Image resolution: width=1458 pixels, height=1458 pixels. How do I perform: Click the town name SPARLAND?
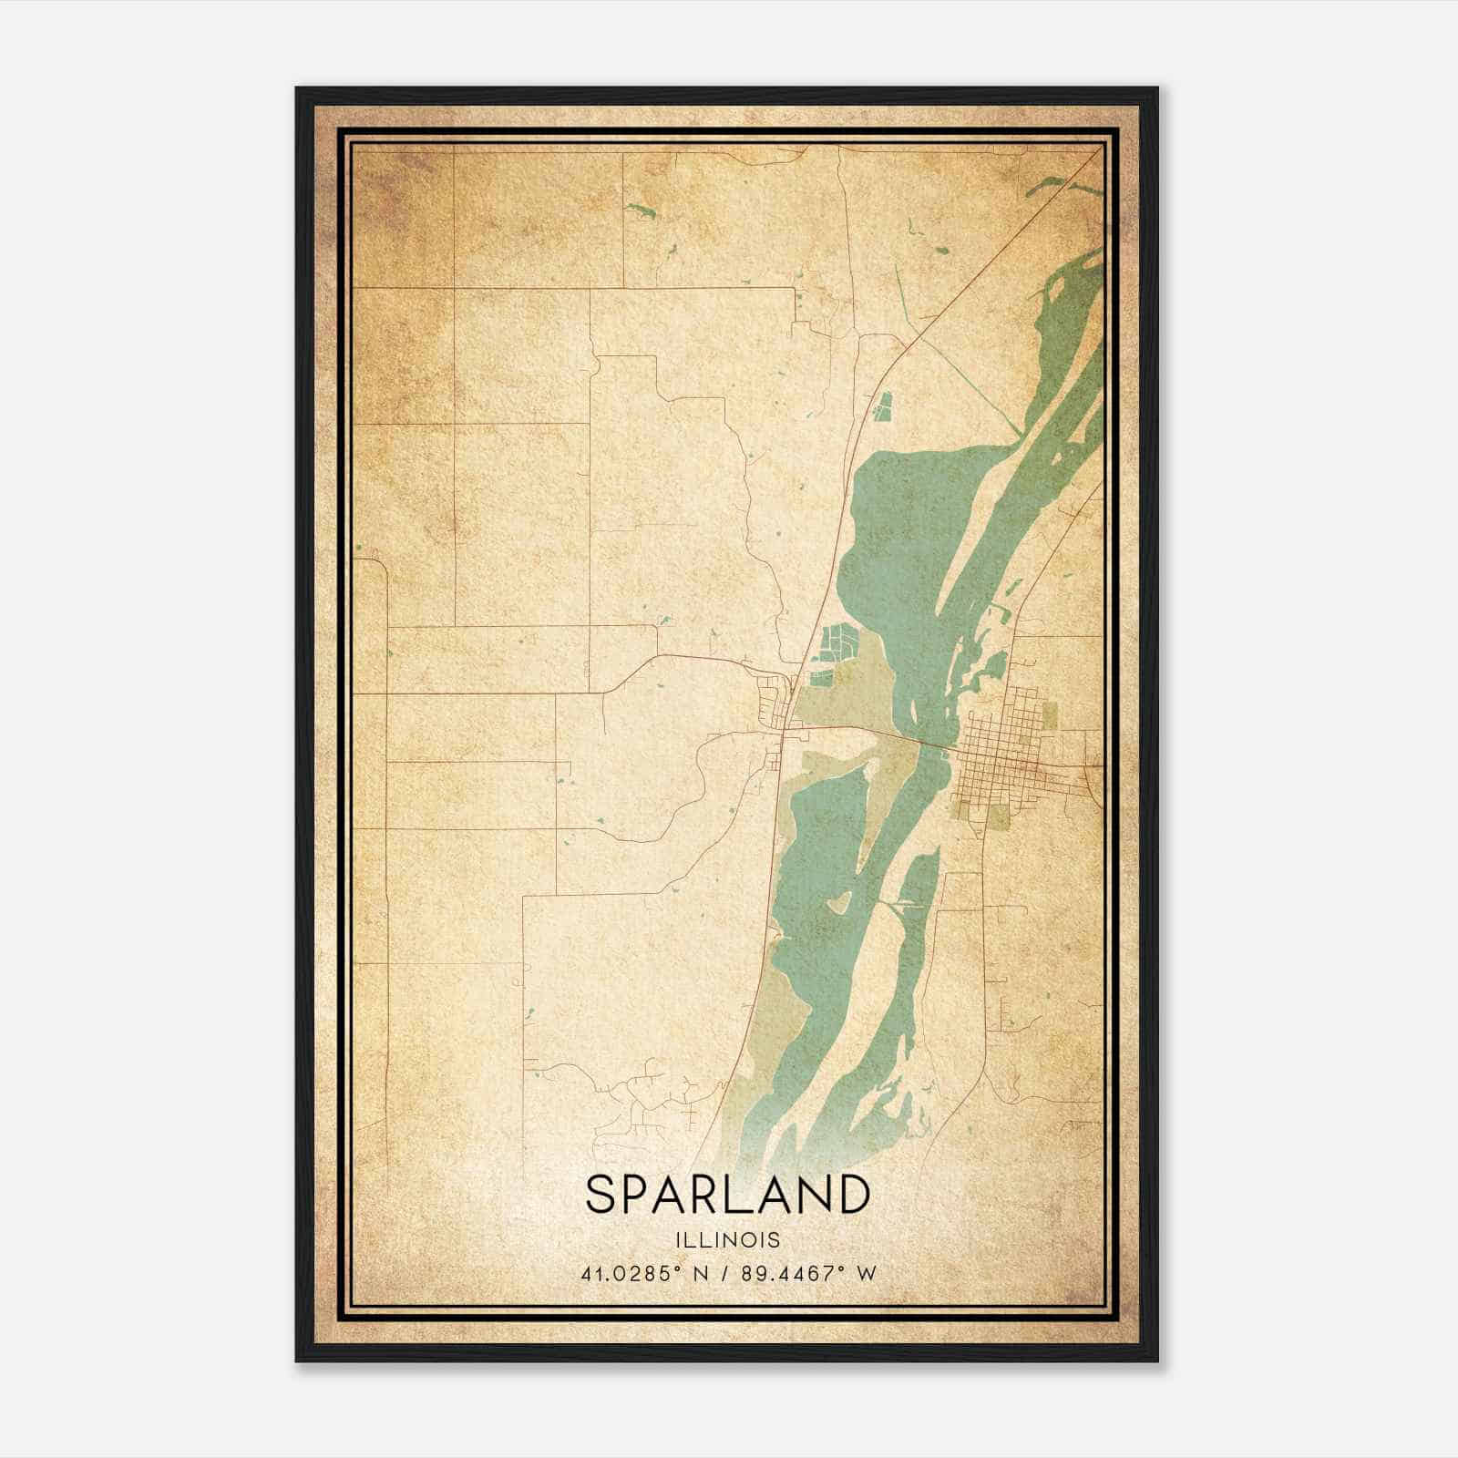(727, 1195)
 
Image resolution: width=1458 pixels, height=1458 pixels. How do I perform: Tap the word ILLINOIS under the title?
(727, 1240)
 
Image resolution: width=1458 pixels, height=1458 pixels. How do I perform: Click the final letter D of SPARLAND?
(852, 1195)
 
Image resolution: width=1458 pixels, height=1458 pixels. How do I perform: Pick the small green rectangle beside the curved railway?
(881, 406)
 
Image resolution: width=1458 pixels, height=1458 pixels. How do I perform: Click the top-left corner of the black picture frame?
(298, 89)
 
